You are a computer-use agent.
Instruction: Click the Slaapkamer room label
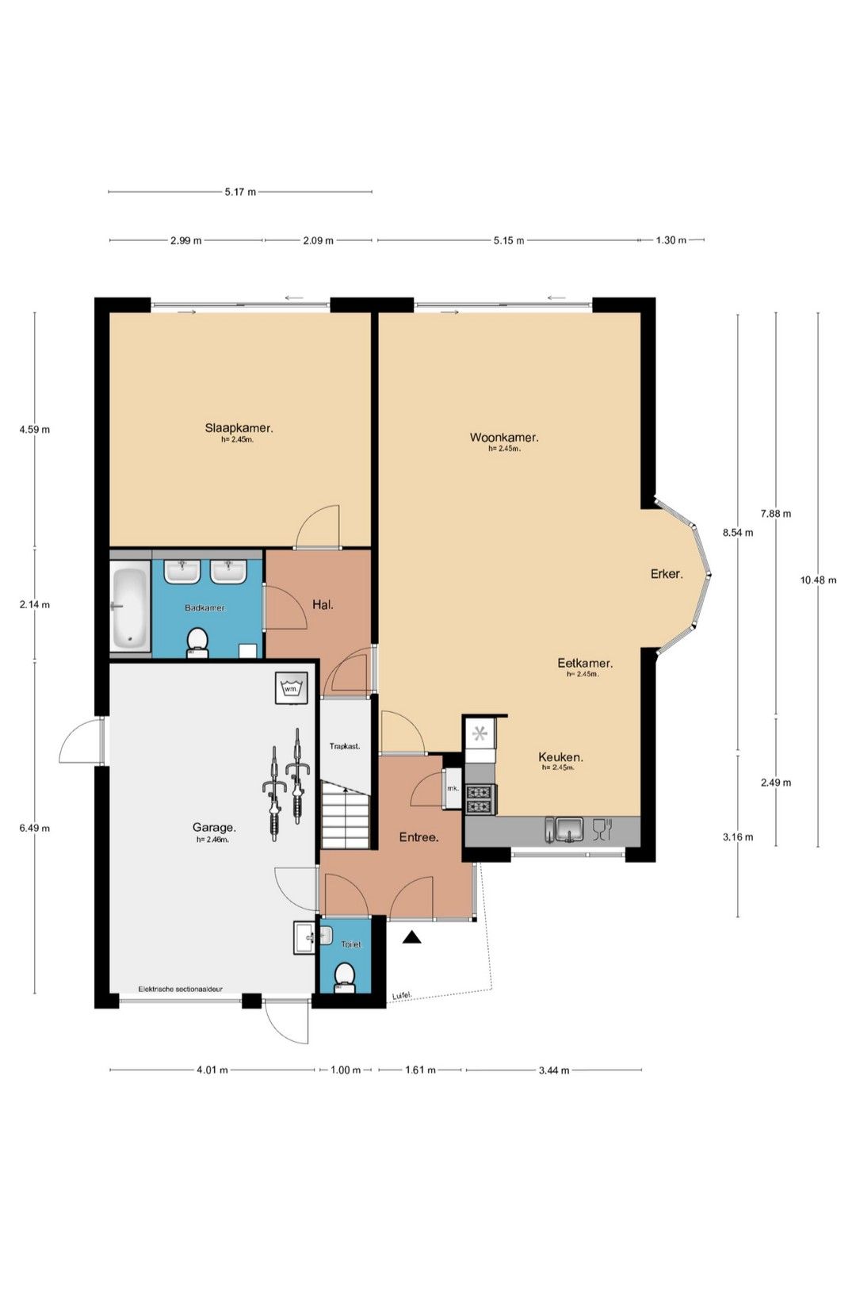239,428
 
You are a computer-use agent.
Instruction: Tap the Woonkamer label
504,437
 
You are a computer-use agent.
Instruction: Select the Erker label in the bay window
667,573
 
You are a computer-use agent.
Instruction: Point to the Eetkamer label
585,663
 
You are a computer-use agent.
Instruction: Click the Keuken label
560,756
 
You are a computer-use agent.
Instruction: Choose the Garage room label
214,828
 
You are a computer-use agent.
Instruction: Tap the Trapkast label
345,746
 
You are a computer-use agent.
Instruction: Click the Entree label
418,837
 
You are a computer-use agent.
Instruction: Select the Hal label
323,605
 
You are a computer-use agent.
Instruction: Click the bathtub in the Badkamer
130,608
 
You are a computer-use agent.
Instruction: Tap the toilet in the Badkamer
197,643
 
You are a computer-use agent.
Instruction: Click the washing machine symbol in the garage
291,687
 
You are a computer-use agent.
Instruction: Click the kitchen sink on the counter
569,830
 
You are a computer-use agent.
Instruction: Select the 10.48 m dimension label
819,580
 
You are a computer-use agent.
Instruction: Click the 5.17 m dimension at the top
240,192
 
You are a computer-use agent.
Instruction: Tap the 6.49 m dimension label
35,828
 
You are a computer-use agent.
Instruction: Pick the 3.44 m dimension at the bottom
554,1070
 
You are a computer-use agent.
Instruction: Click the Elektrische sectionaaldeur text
180,989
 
